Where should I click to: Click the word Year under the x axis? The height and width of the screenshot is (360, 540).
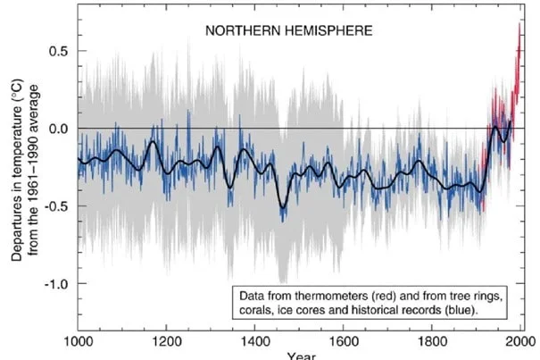pos(300,356)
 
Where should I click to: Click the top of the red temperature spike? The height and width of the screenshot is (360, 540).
pos(519,24)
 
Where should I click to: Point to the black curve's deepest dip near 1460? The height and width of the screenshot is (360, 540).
pos(282,207)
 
